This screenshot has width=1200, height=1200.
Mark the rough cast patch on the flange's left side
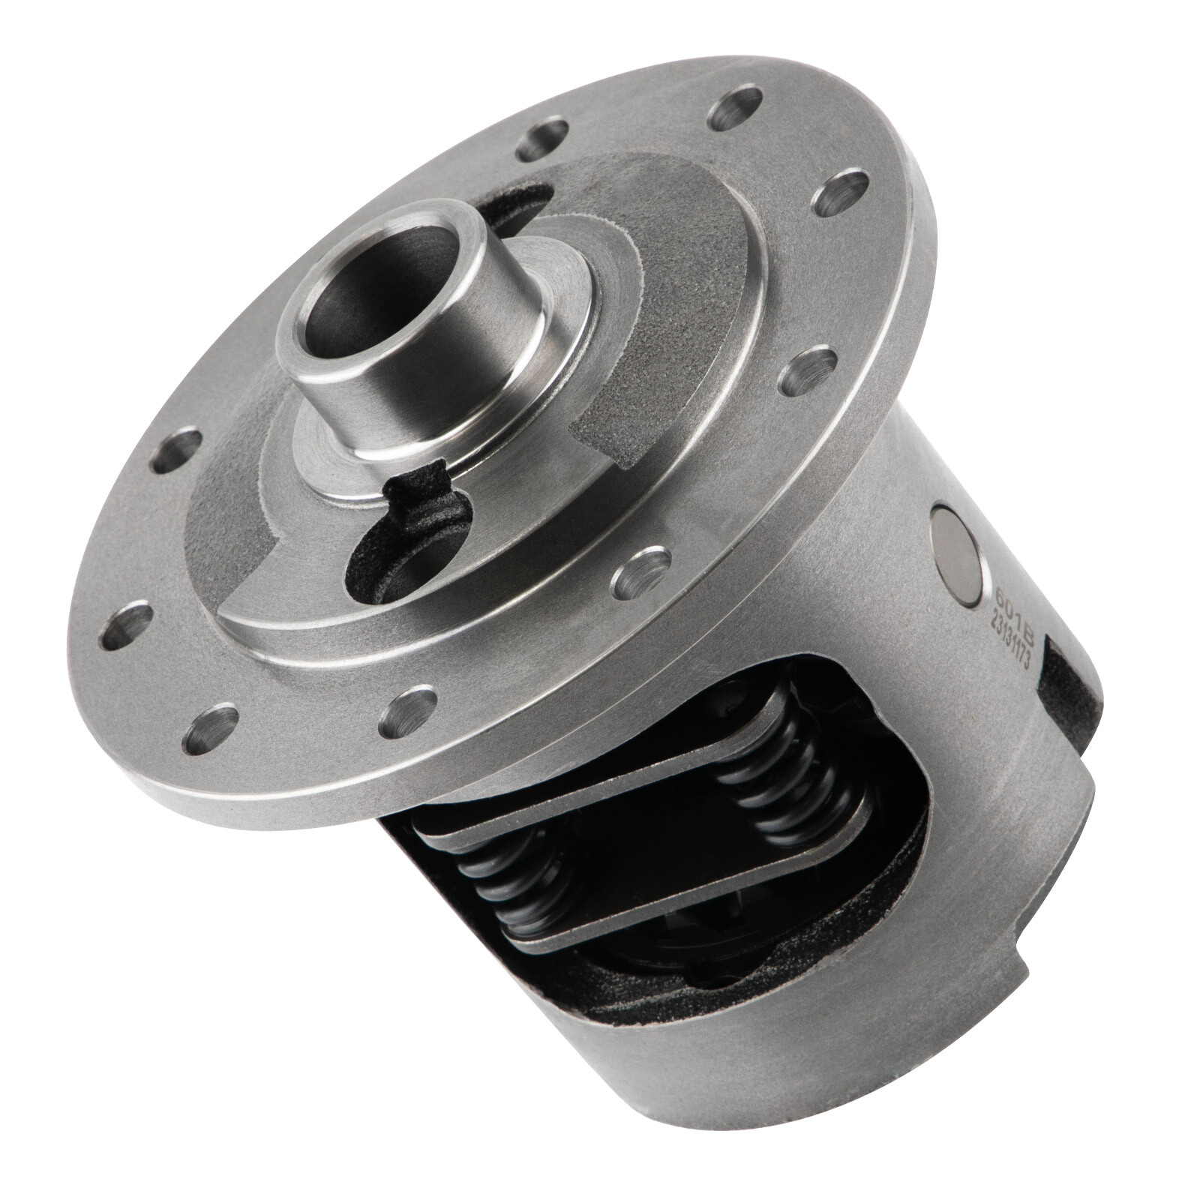[225, 547]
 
